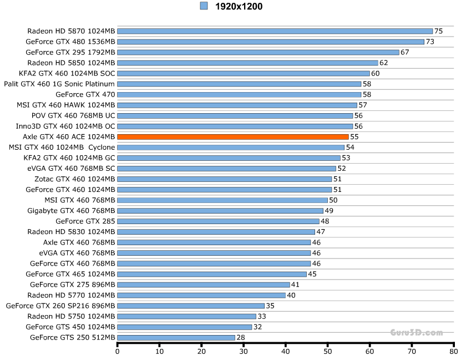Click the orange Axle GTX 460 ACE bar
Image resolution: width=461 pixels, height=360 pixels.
[x=233, y=136]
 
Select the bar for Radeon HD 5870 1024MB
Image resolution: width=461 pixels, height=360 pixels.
[x=275, y=31]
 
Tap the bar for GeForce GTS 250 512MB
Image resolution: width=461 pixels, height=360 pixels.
[x=176, y=337]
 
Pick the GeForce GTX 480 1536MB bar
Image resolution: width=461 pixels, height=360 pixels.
[x=271, y=42]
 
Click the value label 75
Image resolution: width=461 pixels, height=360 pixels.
[x=438, y=31]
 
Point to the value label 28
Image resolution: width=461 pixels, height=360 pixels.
[x=241, y=337]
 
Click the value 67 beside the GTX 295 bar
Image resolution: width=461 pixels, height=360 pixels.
[x=404, y=52]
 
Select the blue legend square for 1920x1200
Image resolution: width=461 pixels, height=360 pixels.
[x=204, y=6]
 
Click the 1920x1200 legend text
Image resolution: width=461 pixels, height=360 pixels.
[x=239, y=7]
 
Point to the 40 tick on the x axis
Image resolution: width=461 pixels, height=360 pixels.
[x=286, y=351]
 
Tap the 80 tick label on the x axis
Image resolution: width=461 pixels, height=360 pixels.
[x=453, y=351]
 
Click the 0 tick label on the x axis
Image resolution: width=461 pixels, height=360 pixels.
[x=118, y=351]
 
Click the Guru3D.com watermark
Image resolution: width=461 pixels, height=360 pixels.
[x=416, y=333]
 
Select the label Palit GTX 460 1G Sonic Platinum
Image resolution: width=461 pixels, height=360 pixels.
[x=59, y=84]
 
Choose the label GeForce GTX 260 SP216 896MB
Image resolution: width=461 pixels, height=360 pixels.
[x=60, y=306]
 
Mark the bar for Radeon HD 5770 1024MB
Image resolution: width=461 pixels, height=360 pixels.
[x=201, y=295]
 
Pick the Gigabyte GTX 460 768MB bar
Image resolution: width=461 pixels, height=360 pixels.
[x=220, y=211]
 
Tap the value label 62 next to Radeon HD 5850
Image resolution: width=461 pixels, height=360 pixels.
[x=383, y=63]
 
